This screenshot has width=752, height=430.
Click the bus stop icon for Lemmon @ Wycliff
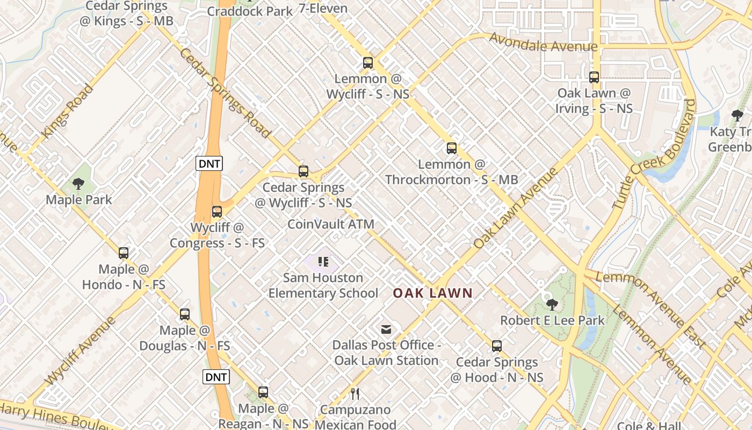pos(368,63)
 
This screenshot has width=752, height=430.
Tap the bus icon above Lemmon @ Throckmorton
pos(452,148)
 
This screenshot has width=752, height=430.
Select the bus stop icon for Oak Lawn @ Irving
pos(594,77)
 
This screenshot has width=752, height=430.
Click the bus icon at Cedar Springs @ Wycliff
pos(303,172)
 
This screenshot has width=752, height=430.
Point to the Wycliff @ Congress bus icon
pos(217,212)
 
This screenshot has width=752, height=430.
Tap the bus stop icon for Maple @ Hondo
pos(124,253)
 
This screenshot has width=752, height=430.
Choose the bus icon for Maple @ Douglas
pos(185,314)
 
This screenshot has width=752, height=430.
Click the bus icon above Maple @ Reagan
pos(263,393)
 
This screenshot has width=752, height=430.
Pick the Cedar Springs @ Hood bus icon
pos(497,346)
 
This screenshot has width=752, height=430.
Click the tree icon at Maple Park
pos(78,184)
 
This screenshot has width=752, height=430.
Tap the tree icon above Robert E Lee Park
pos(552,305)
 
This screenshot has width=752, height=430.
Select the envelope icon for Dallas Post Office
pos(386,329)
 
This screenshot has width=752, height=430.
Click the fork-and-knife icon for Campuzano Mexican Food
pos(355,394)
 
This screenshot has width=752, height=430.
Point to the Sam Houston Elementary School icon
pos(323,262)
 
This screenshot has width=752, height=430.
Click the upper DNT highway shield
pos(209,164)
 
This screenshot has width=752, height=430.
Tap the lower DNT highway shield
pos(216,377)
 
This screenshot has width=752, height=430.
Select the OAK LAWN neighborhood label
pos(432,293)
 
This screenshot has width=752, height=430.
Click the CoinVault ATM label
pos(331,224)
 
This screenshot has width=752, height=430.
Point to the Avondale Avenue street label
pos(543,44)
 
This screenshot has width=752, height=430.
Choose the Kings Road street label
pos(67,112)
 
